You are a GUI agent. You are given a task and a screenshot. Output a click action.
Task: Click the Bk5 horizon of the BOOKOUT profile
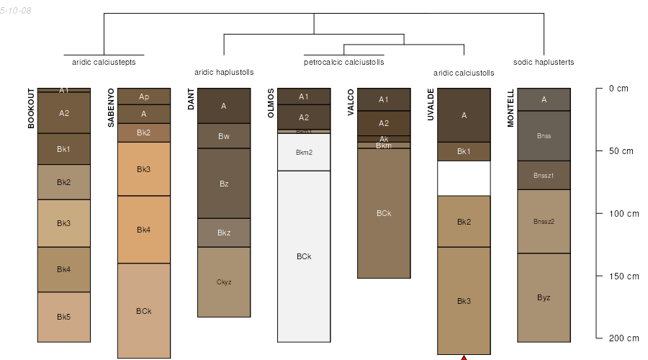pyautogui.click(x=64, y=317)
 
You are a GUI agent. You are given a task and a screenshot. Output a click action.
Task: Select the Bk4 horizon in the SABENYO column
pyautogui.click(x=144, y=230)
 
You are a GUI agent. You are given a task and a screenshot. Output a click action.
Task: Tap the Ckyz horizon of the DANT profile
pyautogui.click(x=224, y=282)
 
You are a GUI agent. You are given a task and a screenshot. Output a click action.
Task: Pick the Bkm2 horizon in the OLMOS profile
pyautogui.click(x=304, y=152)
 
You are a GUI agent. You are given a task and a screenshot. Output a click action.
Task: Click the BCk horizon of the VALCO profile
pyautogui.click(x=384, y=213)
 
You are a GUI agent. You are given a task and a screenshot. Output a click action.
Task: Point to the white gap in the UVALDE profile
pyautogui.click(x=464, y=178)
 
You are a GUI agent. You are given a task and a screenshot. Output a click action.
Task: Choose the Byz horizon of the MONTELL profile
pyautogui.click(x=544, y=297)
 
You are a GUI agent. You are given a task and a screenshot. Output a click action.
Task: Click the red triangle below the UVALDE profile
pyautogui.click(x=464, y=357)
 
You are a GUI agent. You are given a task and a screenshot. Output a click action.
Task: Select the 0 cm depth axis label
pyautogui.click(x=618, y=89)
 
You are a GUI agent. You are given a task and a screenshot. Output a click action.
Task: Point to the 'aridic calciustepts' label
pyautogui.click(x=104, y=62)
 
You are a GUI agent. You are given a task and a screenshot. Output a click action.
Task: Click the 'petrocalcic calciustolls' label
pyautogui.click(x=344, y=63)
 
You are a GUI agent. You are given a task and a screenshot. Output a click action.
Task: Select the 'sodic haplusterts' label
pyautogui.click(x=544, y=62)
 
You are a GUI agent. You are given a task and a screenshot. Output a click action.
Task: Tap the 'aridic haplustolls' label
pyautogui.click(x=224, y=72)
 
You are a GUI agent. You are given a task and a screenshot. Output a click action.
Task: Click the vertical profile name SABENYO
pyautogui.click(x=112, y=108)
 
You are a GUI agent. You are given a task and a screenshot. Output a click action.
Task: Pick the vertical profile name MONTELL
pyautogui.click(x=510, y=108)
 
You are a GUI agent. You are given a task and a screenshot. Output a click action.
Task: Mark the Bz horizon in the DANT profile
pyautogui.click(x=224, y=184)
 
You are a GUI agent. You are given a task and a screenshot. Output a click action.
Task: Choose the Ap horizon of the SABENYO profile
pyautogui.click(x=144, y=96)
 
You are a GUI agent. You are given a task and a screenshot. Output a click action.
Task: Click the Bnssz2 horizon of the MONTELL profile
pyautogui.click(x=544, y=221)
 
